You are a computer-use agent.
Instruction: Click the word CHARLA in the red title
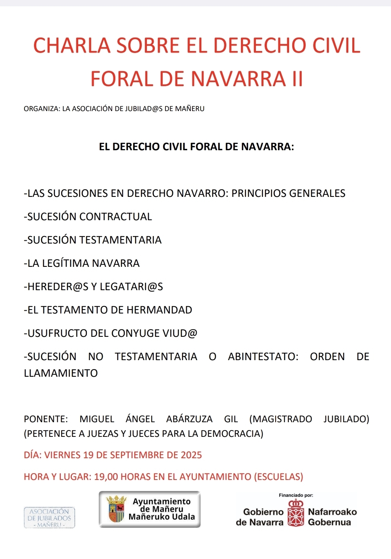71,45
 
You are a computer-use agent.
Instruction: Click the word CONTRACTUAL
116,217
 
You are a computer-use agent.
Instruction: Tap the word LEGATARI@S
132,287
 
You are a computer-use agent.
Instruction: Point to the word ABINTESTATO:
263,357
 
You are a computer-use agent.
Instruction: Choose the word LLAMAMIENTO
61,373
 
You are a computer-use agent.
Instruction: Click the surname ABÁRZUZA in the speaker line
189,419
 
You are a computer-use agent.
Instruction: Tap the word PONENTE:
46,419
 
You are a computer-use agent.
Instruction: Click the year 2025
191,455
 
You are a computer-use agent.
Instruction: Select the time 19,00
106,477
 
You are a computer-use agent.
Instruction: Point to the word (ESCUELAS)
278,477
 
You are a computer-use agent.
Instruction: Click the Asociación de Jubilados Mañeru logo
49,518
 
